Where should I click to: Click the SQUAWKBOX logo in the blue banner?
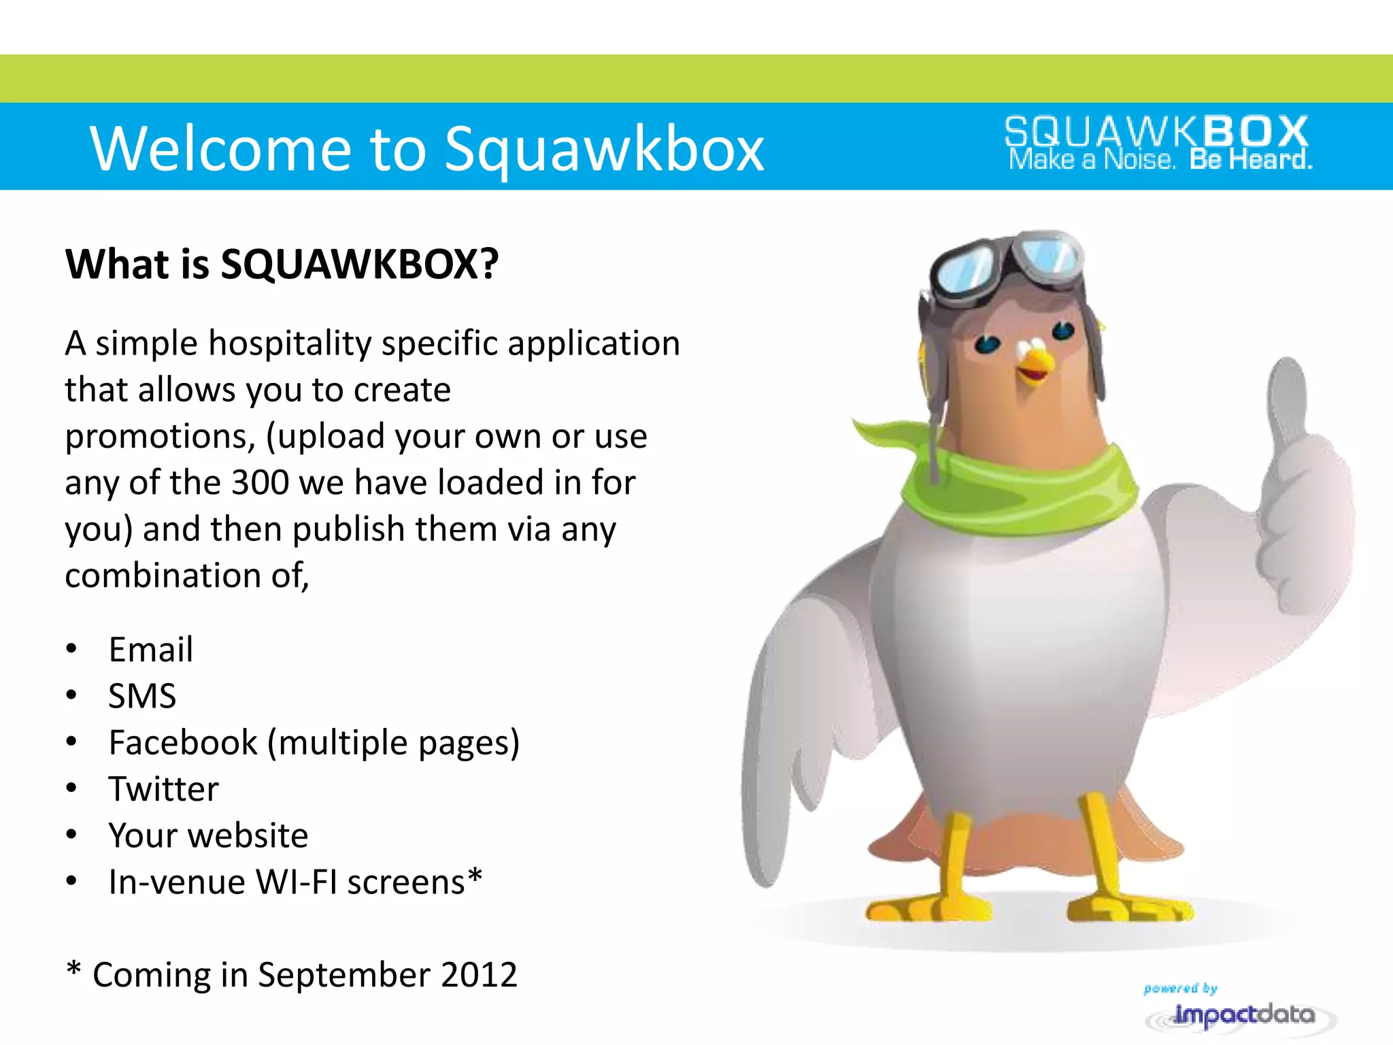(x=1156, y=132)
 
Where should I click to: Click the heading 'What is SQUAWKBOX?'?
(x=282, y=264)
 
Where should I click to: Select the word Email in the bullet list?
(x=151, y=650)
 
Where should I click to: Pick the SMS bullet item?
(x=142, y=696)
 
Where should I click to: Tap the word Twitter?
(x=164, y=789)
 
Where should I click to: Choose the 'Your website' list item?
(x=208, y=835)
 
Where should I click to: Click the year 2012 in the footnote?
(x=479, y=975)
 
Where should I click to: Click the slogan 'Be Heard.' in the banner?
(x=1250, y=160)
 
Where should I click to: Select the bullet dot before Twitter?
(x=71, y=789)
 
